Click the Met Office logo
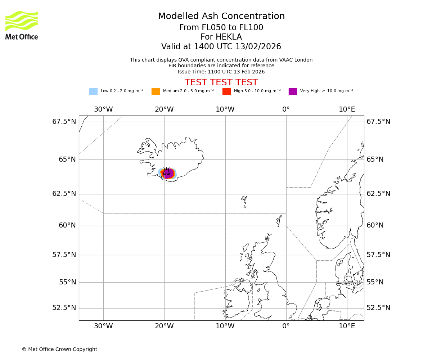(22, 25)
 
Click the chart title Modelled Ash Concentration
(221, 17)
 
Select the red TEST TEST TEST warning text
(221, 83)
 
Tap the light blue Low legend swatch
(93, 91)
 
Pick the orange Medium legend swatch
(156, 91)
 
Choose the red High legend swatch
(226, 91)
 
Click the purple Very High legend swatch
(293, 91)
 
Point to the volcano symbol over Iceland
(167, 172)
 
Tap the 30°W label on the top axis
(103, 109)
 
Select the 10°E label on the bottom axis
(347, 327)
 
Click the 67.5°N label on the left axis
(64, 122)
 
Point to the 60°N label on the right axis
(375, 226)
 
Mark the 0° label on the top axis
(286, 109)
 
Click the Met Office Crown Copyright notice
(59, 350)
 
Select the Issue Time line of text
(221, 72)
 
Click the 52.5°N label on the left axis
(64, 308)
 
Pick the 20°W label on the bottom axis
(164, 327)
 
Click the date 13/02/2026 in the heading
(258, 47)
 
